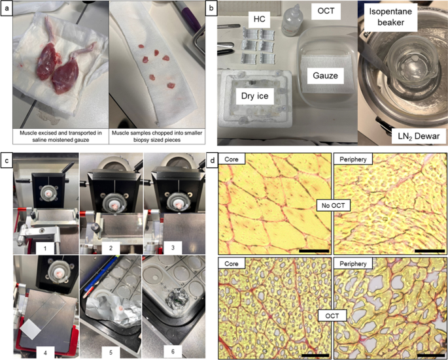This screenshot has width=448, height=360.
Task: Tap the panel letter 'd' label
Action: point(213,160)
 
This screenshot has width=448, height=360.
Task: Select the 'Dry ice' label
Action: point(254,95)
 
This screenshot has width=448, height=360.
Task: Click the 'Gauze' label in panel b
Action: point(326,75)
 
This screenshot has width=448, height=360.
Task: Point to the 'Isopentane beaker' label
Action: point(390,17)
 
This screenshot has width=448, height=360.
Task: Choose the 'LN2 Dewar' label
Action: point(419,136)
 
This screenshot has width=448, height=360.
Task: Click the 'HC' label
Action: point(260,19)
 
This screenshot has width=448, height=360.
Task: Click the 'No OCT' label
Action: point(333,205)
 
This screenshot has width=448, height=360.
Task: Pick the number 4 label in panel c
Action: point(45,352)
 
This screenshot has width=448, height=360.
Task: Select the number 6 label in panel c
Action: point(173,352)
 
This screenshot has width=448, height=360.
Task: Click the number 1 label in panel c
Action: point(45,248)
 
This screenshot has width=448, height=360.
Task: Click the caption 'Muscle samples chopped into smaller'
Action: point(157,133)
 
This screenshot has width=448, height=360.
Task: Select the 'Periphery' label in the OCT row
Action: point(353,263)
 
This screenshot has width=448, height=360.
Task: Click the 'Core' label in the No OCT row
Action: point(232,159)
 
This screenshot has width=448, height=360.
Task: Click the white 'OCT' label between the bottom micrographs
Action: point(332,316)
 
